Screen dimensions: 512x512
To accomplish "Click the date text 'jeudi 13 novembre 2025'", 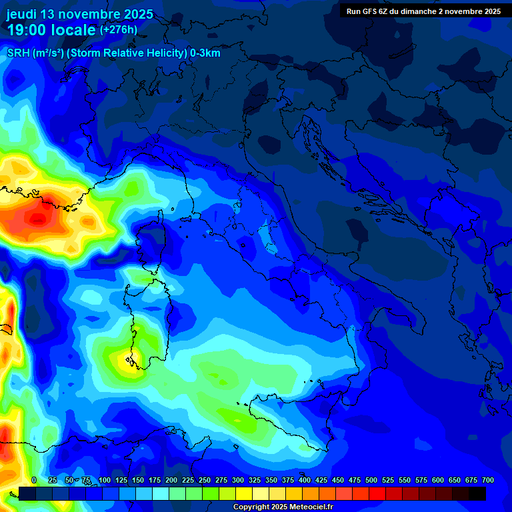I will [80, 14].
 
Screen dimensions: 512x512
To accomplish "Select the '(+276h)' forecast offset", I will [119, 30].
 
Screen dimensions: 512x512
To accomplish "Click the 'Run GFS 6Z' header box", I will [424, 11].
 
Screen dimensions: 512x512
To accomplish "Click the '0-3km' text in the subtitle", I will [205, 53].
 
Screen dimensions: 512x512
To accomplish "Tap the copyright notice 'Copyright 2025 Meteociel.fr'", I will [283, 507].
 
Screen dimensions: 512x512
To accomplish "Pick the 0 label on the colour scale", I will [34, 480].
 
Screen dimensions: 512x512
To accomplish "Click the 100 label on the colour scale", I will [105, 480].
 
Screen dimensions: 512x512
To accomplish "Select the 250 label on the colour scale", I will [205, 480].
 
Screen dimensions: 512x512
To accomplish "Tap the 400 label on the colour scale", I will [305, 480].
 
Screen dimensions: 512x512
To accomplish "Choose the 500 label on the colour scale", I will [371, 480].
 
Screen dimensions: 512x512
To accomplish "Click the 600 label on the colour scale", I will [438, 480].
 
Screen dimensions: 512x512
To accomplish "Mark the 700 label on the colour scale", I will [488, 480].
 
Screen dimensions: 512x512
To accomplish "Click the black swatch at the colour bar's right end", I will [477, 493].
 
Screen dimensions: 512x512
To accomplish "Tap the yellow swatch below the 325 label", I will [244, 493].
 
